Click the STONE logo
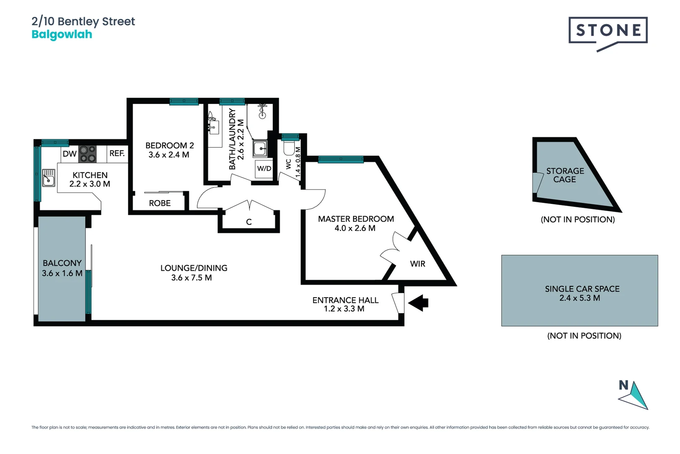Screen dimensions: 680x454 608,34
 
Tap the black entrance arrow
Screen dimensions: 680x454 418,303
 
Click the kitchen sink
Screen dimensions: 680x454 48,178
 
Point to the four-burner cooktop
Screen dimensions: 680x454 88,154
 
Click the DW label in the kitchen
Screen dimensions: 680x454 70,154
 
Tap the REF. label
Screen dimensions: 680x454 117,153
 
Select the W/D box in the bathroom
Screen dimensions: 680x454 264,169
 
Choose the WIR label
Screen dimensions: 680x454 418,264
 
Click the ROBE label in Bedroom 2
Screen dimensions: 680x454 160,203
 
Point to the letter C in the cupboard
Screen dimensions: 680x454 249,222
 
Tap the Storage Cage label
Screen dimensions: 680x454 565,175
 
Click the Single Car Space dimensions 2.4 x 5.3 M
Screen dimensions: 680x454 580,298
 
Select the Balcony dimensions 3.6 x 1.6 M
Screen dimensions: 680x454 62,273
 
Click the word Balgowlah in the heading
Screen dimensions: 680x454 62,34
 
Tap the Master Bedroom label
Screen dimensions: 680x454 356,219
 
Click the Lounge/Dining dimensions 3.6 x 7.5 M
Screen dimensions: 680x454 191,277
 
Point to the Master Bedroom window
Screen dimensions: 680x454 340,159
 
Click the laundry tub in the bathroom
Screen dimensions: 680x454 260,149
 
